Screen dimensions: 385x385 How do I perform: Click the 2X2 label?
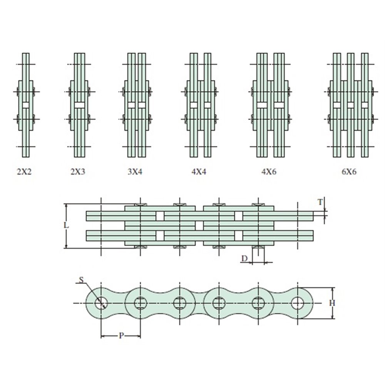pyautogui.click(x=24, y=172)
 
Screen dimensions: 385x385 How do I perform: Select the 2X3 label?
pyautogui.click(x=78, y=172)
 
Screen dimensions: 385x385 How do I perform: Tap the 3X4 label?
pyautogui.click(x=135, y=172)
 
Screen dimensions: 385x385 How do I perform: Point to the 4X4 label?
pyautogui.click(x=199, y=172)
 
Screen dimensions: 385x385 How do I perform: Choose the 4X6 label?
pyautogui.click(x=269, y=172)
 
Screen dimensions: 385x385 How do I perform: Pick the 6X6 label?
pyautogui.click(x=349, y=172)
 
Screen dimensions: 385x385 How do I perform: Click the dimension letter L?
pyautogui.click(x=66, y=225)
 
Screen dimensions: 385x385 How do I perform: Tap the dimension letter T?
pyautogui.click(x=320, y=202)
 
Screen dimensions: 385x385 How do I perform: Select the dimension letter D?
pyautogui.click(x=244, y=259)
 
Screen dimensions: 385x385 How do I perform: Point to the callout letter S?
pyautogui.click(x=81, y=280)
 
